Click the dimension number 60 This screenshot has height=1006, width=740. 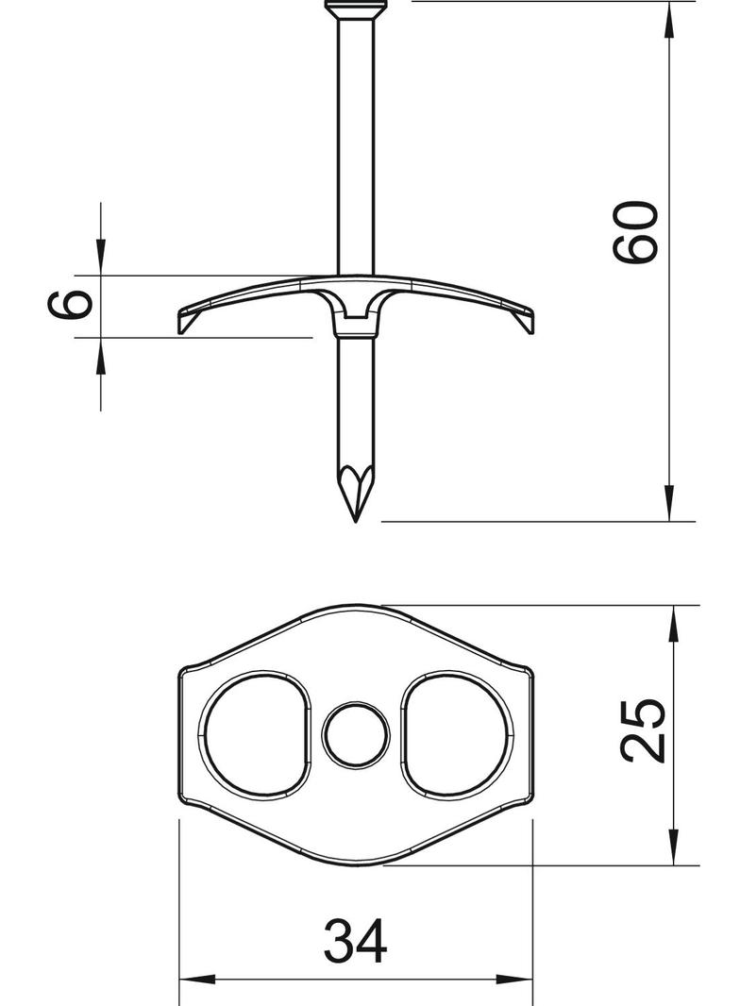pyautogui.click(x=633, y=231)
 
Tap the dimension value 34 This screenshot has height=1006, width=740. pyautogui.click(x=355, y=941)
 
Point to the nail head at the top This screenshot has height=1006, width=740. pyautogui.click(x=356, y=8)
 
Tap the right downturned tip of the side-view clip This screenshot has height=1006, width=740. pyautogui.click(x=529, y=326)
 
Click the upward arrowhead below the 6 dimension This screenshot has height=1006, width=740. pyautogui.click(x=100, y=355)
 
